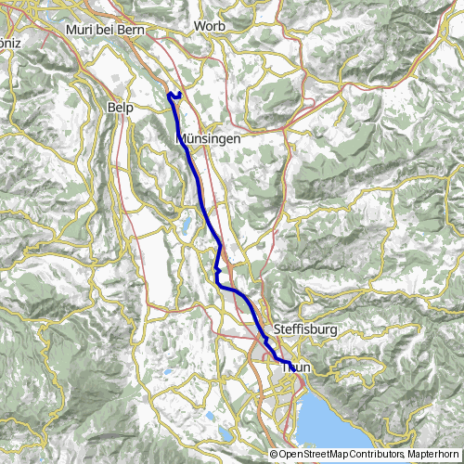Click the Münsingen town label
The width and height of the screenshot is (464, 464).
click(x=209, y=137)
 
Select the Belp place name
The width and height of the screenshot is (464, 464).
click(x=123, y=108)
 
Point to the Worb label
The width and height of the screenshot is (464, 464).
click(x=210, y=26)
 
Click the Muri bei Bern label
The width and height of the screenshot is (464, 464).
click(x=102, y=30)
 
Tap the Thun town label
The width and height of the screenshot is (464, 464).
click(x=295, y=367)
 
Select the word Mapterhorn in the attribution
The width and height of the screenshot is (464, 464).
click(x=432, y=455)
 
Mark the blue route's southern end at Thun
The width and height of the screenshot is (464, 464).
click(x=289, y=363)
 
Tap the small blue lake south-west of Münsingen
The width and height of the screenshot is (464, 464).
click(x=187, y=224)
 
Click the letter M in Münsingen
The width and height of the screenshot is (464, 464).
click(x=181, y=137)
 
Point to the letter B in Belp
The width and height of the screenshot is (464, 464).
click(x=112, y=108)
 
